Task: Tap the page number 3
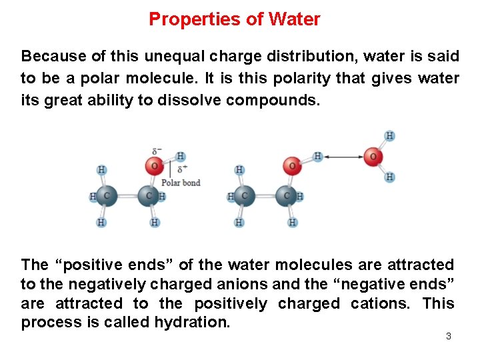[x=448, y=336]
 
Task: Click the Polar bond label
[x=181, y=183]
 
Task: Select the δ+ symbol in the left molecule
[x=181, y=170]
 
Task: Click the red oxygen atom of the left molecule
[x=154, y=165]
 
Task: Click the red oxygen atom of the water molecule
[x=373, y=157]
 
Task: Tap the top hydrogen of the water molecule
[x=390, y=136]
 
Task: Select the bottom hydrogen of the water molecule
[x=390, y=177]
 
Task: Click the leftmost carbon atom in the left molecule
[x=105, y=197]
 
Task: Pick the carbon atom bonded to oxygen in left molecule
[x=147, y=197]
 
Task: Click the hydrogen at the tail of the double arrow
[x=318, y=157]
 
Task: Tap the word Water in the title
[x=294, y=19]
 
